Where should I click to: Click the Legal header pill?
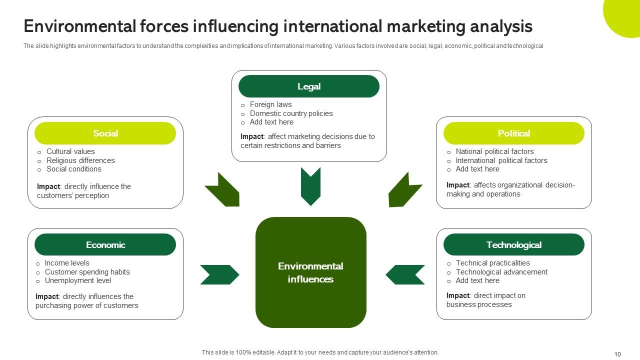pyautogui.click(x=308, y=86)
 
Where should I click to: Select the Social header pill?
pyautogui.click(x=105, y=133)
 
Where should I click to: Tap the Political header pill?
pyautogui.click(x=513, y=133)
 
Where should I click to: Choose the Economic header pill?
pyautogui.click(x=105, y=245)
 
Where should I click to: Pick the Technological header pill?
pyautogui.click(x=513, y=245)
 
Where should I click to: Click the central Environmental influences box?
pyautogui.click(x=310, y=272)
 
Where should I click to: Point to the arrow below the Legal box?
pyautogui.click(x=310, y=186)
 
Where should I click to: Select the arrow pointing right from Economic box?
pyautogui.click(x=219, y=274)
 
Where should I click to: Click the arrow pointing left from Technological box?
pyautogui.click(x=405, y=274)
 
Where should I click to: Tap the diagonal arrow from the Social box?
pyautogui.click(x=223, y=190)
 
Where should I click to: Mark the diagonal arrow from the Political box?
pyautogui.click(x=403, y=190)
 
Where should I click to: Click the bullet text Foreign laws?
pyautogui.click(x=270, y=104)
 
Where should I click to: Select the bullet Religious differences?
pyautogui.click(x=80, y=160)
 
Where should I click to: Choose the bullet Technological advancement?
pyautogui.click(x=501, y=272)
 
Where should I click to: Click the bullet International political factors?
pyautogui.click(x=501, y=160)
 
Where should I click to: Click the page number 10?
pyautogui.click(x=617, y=354)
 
